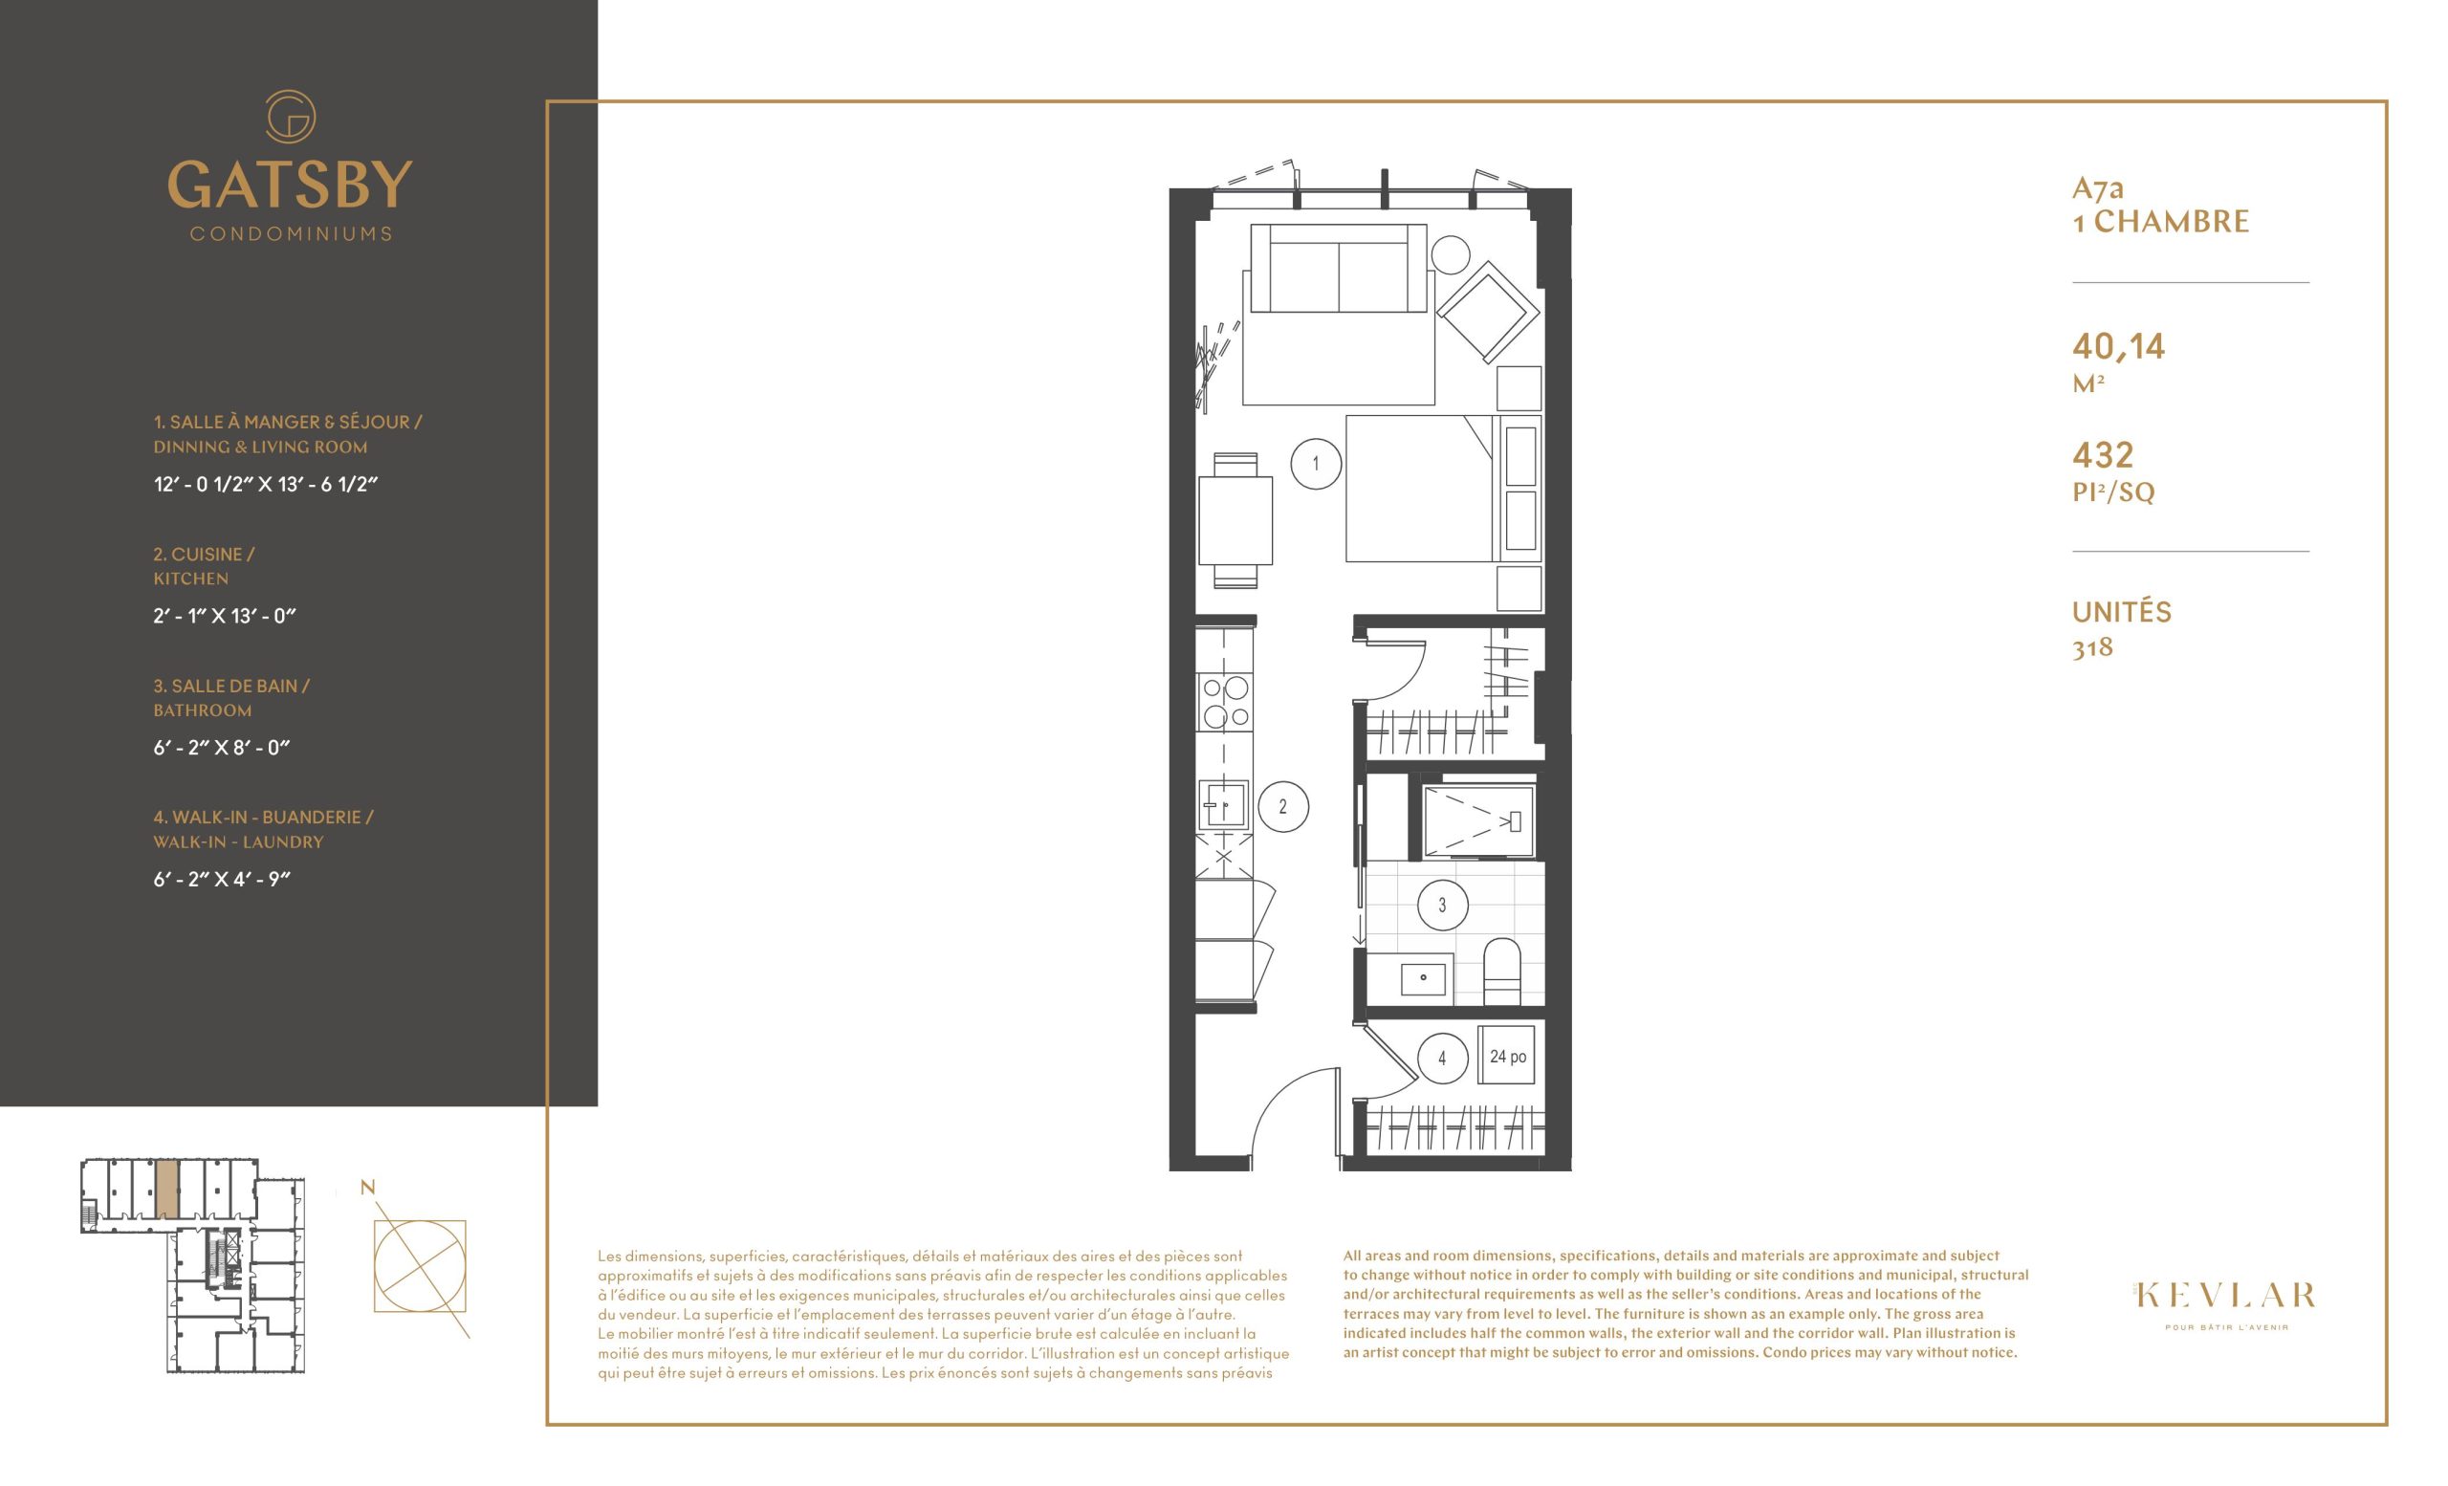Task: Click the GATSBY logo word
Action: click(x=290, y=185)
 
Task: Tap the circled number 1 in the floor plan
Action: click(x=1317, y=464)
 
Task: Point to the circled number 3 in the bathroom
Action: click(x=1442, y=905)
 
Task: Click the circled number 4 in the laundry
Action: click(x=1442, y=1059)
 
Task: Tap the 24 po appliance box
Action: click(x=1508, y=1057)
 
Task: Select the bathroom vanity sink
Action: click(x=1425, y=977)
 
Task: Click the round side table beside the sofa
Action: click(x=1451, y=254)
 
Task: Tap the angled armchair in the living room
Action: click(x=1488, y=312)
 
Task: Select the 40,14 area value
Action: click(x=2118, y=347)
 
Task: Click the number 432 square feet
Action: click(x=2103, y=455)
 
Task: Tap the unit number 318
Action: click(x=2092, y=647)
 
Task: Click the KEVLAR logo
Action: click(x=2224, y=1296)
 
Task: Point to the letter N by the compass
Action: click(x=367, y=1187)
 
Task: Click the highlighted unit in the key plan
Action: click(x=168, y=1188)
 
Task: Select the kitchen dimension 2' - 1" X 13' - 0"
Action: click(x=225, y=616)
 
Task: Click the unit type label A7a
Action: click(x=2097, y=187)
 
